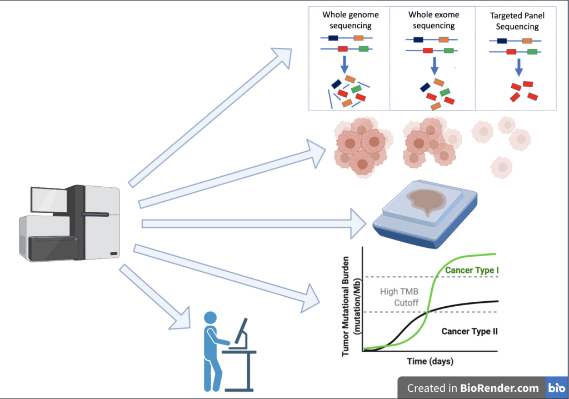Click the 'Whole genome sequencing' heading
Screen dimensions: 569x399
(x=351, y=20)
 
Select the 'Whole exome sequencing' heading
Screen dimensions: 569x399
(x=433, y=20)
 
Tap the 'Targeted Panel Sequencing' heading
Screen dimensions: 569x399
(x=517, y=21)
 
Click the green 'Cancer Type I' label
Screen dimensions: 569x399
(x=472, y=270)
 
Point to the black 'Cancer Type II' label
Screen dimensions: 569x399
(x=470, y=331)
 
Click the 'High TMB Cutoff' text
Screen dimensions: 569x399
(x=399, y=297)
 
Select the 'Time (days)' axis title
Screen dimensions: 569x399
(x=430, y=361)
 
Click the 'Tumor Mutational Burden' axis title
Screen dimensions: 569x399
(x=346, y=306)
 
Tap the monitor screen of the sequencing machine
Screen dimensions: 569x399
(x=49, y=200)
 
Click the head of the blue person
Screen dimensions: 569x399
(x=211, y=318)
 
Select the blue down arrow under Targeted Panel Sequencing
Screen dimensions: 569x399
(x=519, y=67)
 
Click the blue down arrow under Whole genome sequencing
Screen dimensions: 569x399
(x=345, y=64)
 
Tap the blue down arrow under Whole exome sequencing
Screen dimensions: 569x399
(x=435, y=66)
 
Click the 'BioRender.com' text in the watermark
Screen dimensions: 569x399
(x=500, y=388)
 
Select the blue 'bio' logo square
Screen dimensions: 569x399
(x=557, y=388)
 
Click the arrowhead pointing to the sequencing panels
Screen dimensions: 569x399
(x=282, y=56)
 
